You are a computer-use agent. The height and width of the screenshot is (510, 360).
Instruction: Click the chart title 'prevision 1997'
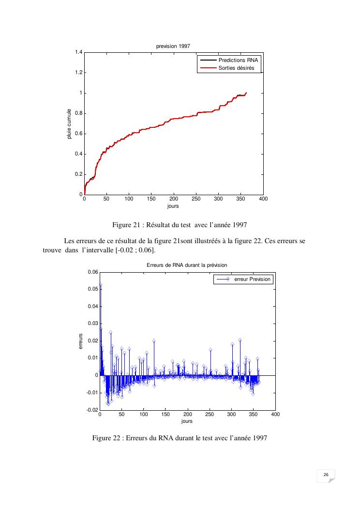coord(173,46)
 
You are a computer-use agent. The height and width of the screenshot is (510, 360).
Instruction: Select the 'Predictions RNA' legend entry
coord(239,60)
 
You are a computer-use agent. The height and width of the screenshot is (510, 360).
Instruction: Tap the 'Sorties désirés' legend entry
coord(237,68)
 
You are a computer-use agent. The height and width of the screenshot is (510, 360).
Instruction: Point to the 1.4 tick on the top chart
coord(78,52)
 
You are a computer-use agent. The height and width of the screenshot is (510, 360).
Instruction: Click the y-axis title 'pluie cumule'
coord(69,124)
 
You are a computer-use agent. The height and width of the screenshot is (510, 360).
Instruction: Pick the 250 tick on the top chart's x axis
coord(196,199)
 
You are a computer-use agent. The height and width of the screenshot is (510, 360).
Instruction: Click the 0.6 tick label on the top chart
coord(78,134)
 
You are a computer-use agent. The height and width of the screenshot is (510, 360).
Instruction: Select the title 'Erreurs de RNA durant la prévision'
coord(187,265)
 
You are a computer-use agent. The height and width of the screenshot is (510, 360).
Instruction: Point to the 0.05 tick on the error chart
coord(91,289)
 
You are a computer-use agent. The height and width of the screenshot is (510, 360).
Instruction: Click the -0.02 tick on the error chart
coord(91,410)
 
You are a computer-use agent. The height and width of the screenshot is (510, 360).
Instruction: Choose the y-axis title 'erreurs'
coord(81,341)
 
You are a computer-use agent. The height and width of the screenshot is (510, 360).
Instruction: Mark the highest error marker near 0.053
coord(100,285)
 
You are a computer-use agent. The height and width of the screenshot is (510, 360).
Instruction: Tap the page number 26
coord(326,475)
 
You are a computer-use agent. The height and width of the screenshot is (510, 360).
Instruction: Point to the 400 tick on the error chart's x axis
coord(275,415)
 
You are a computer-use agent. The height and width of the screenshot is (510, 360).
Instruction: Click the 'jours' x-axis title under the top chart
coord(173,206)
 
